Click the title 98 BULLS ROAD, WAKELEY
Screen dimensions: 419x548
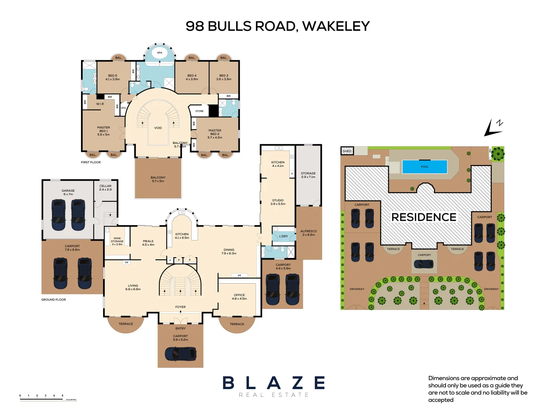[x=277, y=26]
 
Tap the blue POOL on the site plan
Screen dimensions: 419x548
[x=425, y=167]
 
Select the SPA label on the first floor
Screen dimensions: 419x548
[x=159, y=53]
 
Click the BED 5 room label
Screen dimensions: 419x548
[x=112, y=77]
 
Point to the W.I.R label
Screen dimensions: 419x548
[x=100, y=104]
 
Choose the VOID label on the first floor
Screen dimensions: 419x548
[x=158, y=128]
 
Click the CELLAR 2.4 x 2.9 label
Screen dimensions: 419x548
[x=105, y=188]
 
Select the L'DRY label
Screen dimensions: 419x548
[x=284, y=236]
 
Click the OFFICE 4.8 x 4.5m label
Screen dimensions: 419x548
[x=239, y=297]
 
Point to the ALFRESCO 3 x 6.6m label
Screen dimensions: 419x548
[x=309, y=233]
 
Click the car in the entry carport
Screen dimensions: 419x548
[x=180, y=353]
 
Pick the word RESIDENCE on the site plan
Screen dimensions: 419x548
[x=424, y=217]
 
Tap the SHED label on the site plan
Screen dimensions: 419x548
[x=347, y=151]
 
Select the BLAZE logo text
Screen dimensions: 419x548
[x=274, y=383]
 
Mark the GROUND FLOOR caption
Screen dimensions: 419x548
[x=54, y=300]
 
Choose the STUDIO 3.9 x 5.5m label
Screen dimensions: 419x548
[x=278, y=202]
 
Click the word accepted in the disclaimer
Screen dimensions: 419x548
[x=441, y=400]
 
